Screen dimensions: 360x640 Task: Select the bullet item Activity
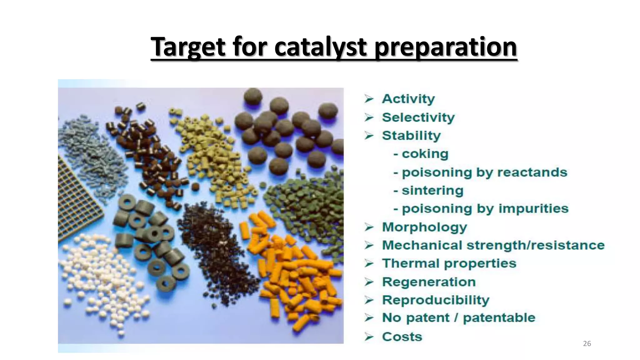click(408, 99)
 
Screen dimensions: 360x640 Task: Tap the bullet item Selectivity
click(418, 117)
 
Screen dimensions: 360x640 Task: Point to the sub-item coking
click(425, 154)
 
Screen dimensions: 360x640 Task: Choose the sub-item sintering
click(432, 190)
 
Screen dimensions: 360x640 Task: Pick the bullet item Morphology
click(424, 227)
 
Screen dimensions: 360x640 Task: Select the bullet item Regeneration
click(429, 282)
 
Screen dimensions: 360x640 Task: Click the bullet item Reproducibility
click(436, 300)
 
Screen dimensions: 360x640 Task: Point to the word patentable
click(499, 318)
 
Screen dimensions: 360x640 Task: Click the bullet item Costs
click(402, 337)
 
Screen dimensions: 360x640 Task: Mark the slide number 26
click(587, 344)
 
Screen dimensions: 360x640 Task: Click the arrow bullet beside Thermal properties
click(369, 264)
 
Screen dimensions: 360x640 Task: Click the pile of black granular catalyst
click(216, 250)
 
